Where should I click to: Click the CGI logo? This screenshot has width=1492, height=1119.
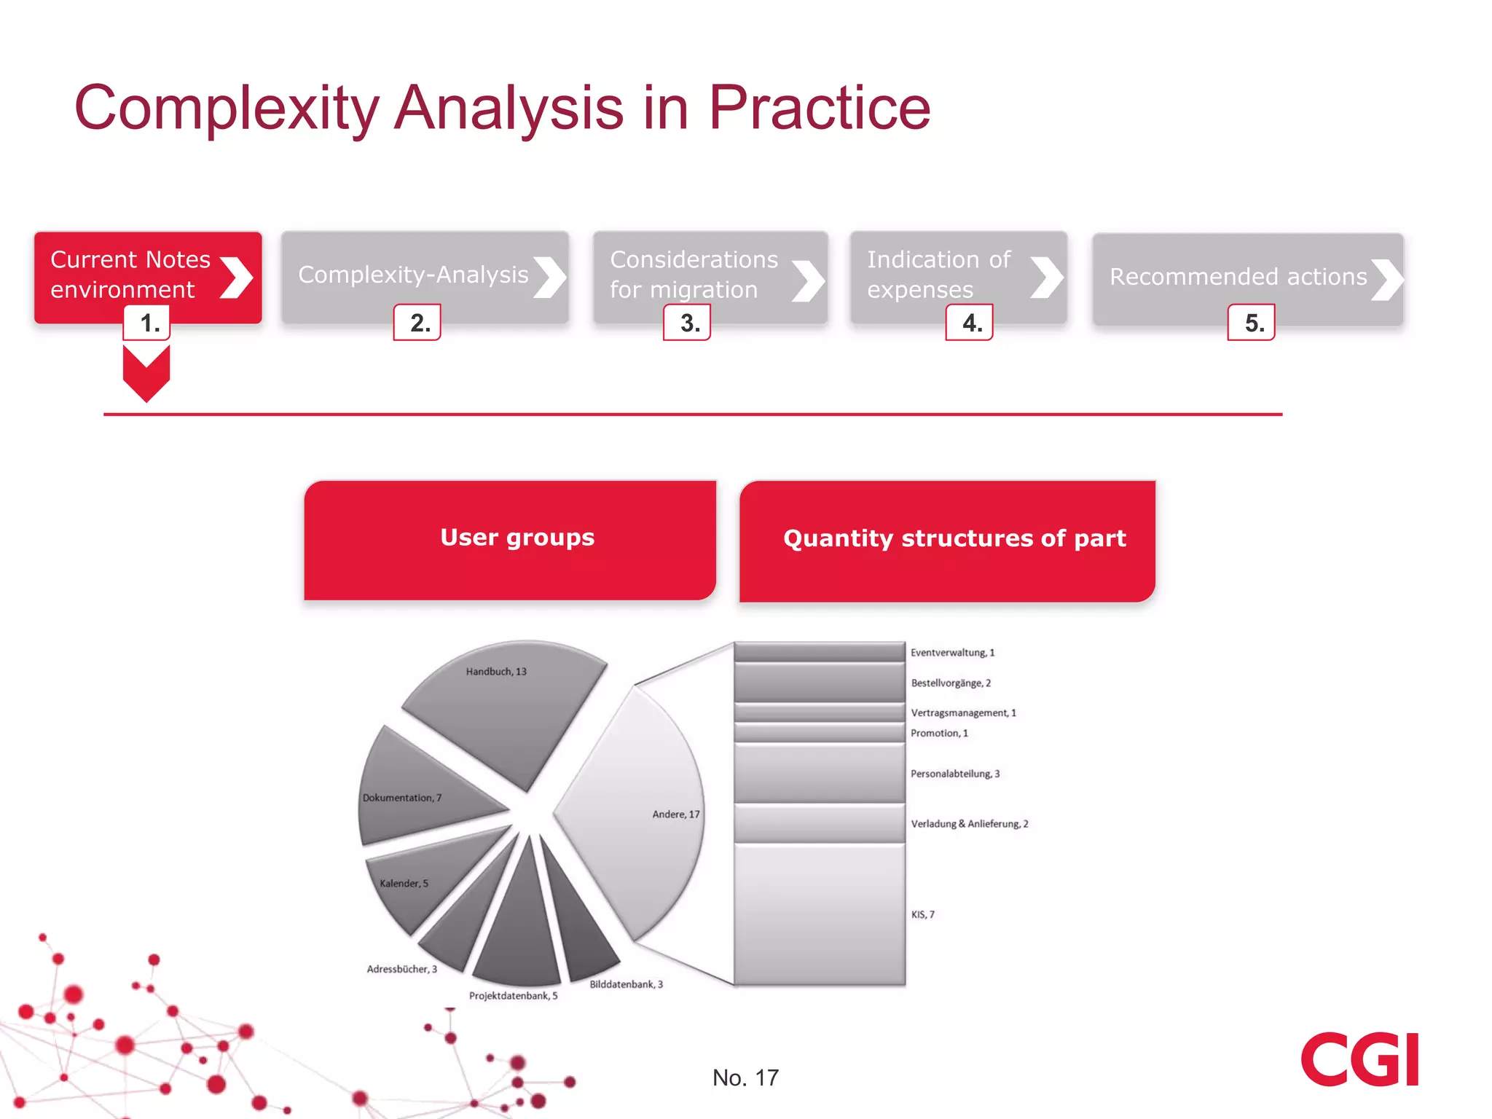[x=1359, y=1059]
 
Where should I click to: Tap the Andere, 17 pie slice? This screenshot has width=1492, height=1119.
[x=641, y=809]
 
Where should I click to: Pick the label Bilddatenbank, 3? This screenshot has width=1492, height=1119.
[x=626, y=984]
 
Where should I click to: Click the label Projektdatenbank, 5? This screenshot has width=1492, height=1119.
[x=513, y=996]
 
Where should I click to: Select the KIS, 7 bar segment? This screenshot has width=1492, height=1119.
[x=820, y=914]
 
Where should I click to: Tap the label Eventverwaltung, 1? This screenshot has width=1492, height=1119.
[x=952, y=653]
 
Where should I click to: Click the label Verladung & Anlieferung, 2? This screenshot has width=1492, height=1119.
[x=969, y=824]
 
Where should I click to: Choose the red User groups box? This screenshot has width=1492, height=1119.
[x=510, y=540]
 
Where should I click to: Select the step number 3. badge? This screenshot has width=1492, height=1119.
[x=687, y=323]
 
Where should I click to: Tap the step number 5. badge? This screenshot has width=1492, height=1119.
[x=1251, y=323]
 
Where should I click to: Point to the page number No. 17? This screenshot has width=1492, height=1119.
[x=745, y=1077]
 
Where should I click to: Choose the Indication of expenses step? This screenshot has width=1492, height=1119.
[x=958, y=275]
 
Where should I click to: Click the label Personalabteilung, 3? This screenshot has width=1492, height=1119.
[x=954, y=774]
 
